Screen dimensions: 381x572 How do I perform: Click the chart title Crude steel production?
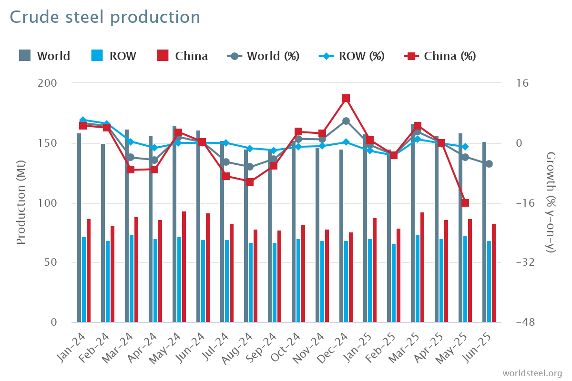pos(105,17)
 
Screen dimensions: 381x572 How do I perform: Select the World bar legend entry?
pos(45,56)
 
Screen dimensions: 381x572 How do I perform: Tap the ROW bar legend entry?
pos(113,56)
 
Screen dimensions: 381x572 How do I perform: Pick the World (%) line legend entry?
pos(263,56)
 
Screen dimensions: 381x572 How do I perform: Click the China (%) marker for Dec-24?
pos(346,99)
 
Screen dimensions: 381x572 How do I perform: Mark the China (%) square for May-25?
pos(465,203)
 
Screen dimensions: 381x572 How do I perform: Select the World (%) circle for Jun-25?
pos(489,164)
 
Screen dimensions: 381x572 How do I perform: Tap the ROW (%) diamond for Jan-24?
pos(83,120)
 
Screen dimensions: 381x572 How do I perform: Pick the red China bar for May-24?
pos(184,267)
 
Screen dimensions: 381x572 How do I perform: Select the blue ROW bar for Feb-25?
pos(394,283)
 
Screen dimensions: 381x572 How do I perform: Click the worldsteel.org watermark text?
pos(532,373)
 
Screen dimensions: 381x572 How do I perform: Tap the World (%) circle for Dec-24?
pos(346,121)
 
